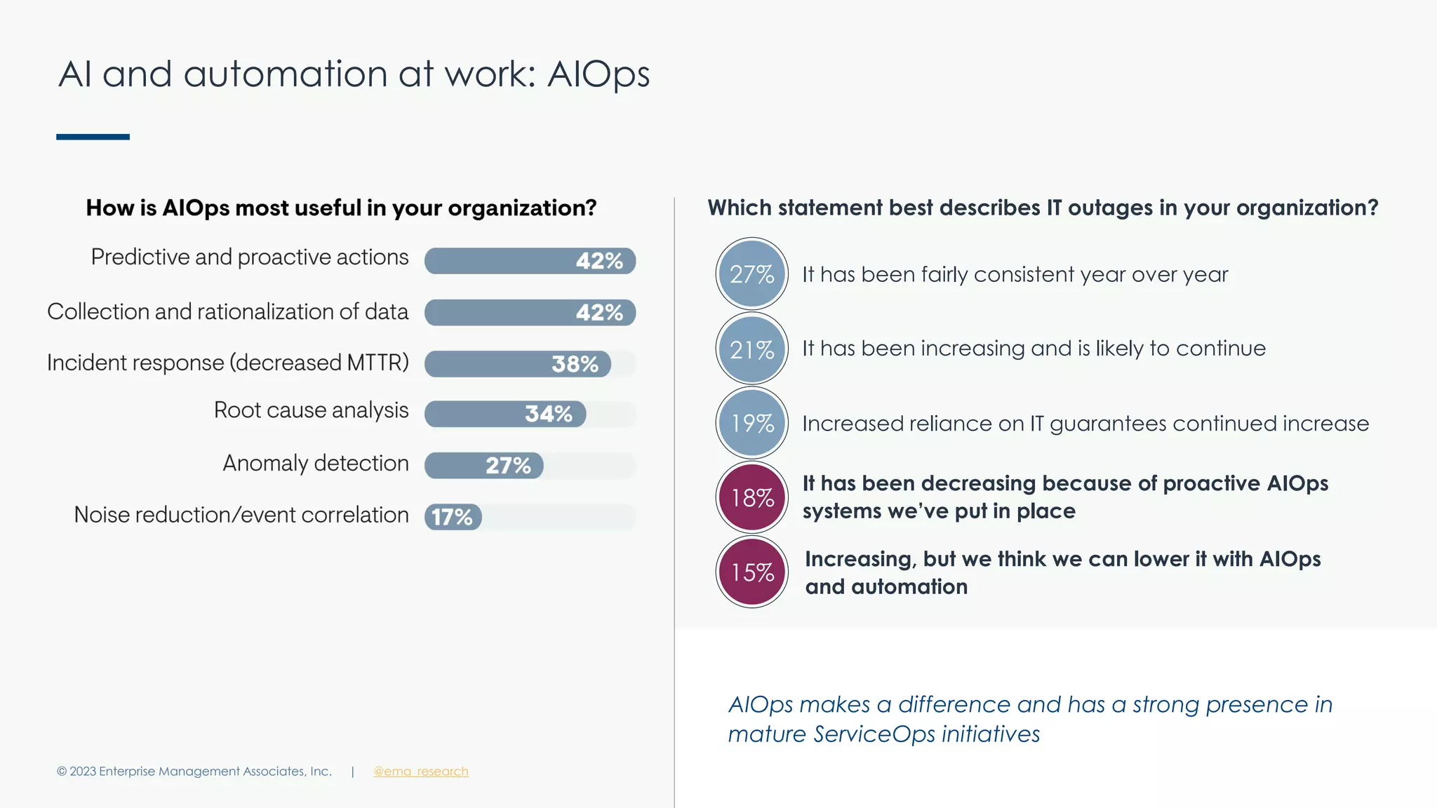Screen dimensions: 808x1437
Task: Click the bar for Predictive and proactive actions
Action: click(530, 261)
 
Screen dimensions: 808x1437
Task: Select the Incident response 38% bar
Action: click(518, 364)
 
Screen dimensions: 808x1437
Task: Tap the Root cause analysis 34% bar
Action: click(505, 414)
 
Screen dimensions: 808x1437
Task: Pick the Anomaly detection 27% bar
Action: click(484, 466)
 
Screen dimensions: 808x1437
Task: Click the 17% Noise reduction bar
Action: click(453, 517)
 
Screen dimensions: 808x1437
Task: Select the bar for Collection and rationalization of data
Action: click(530, 313)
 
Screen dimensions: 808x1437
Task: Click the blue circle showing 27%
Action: click(752, 274)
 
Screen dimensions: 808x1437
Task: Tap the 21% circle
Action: click(752, 349)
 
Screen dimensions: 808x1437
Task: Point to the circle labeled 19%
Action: click(752, 423)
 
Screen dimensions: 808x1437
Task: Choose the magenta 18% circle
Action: click(752, 497)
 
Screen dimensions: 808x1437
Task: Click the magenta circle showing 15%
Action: click(752, 572)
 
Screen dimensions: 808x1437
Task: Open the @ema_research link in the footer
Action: click(420, 772)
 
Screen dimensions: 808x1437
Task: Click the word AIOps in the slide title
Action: click(599, 74)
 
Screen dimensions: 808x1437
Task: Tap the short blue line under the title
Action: click(93, 137)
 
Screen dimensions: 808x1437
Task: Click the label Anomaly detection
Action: click(316, 463)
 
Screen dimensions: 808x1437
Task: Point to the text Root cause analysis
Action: click(311, 410)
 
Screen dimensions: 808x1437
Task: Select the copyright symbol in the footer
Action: click(62, 772)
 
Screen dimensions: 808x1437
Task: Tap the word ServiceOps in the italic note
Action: click(874, 734)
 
